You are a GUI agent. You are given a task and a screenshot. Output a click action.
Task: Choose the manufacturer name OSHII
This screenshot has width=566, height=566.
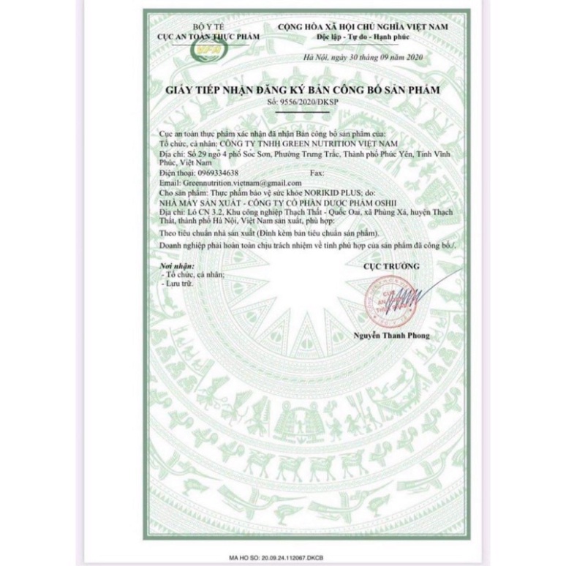pos(346,200)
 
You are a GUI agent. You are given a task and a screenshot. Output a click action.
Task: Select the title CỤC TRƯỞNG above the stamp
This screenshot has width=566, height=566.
pos(392,267)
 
